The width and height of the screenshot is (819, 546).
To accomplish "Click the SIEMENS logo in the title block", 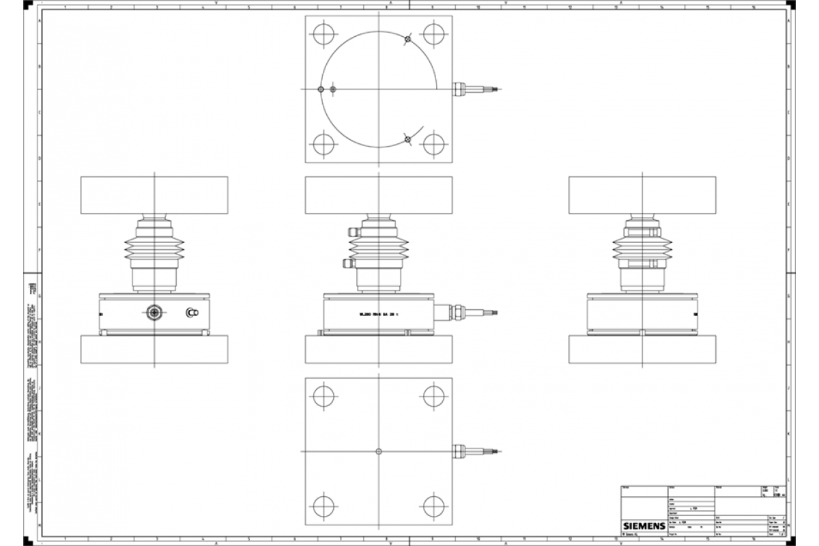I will [x=642, y=526].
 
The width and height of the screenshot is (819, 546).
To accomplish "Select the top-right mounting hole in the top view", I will [x=434, y=33].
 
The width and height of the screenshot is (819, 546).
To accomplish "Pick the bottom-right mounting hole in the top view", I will [x=434, y=145].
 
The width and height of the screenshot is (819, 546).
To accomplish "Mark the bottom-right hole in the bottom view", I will [x=434, y=506].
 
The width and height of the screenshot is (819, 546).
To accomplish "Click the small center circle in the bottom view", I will [x=378, y=451].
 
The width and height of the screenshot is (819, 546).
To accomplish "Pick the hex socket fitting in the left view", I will [x=155, y=313].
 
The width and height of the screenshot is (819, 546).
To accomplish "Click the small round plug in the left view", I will [x=192, y=313].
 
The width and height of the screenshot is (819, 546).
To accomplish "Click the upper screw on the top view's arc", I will [x=407, y=40].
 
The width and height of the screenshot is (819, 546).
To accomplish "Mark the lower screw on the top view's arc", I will [x=407, y=139].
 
